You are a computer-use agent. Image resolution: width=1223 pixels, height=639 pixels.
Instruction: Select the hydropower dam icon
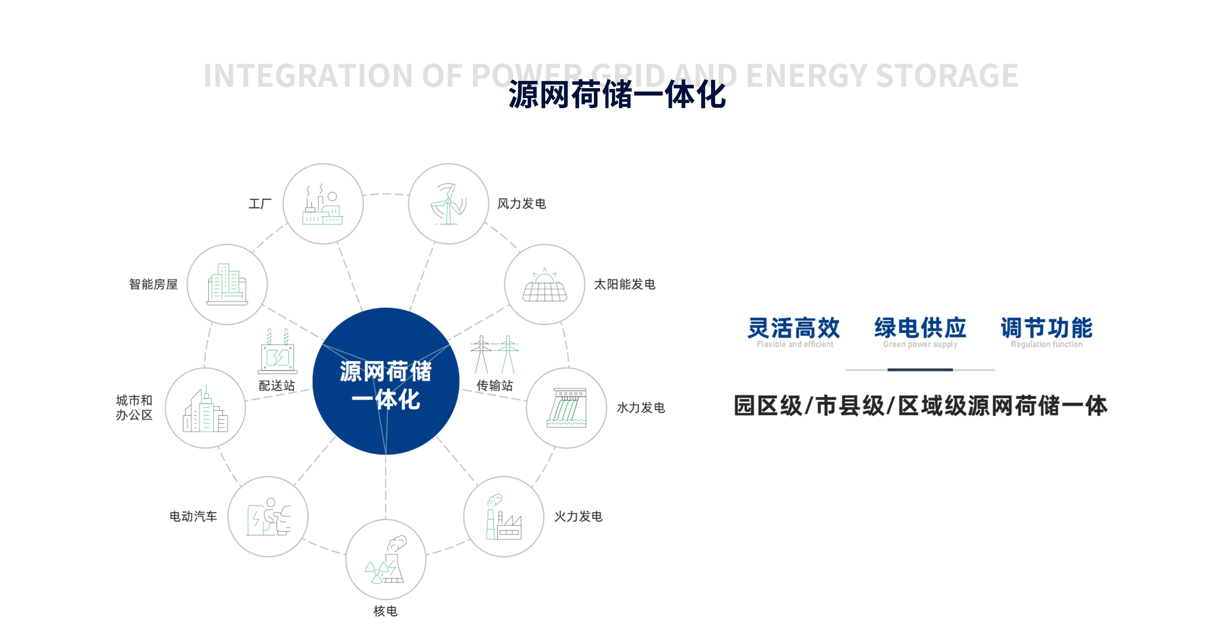566,408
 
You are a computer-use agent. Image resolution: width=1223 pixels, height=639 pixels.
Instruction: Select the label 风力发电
522,204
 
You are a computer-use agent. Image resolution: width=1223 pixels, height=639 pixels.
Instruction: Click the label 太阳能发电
625,284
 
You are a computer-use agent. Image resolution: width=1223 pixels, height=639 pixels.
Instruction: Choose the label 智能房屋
153,284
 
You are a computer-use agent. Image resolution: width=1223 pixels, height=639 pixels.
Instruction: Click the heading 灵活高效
794,328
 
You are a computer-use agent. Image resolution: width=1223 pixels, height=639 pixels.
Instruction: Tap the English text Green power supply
920,344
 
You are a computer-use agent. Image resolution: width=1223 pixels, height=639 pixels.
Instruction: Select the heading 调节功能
1046,328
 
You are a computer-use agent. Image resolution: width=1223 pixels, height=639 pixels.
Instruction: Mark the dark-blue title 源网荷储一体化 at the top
617,95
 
